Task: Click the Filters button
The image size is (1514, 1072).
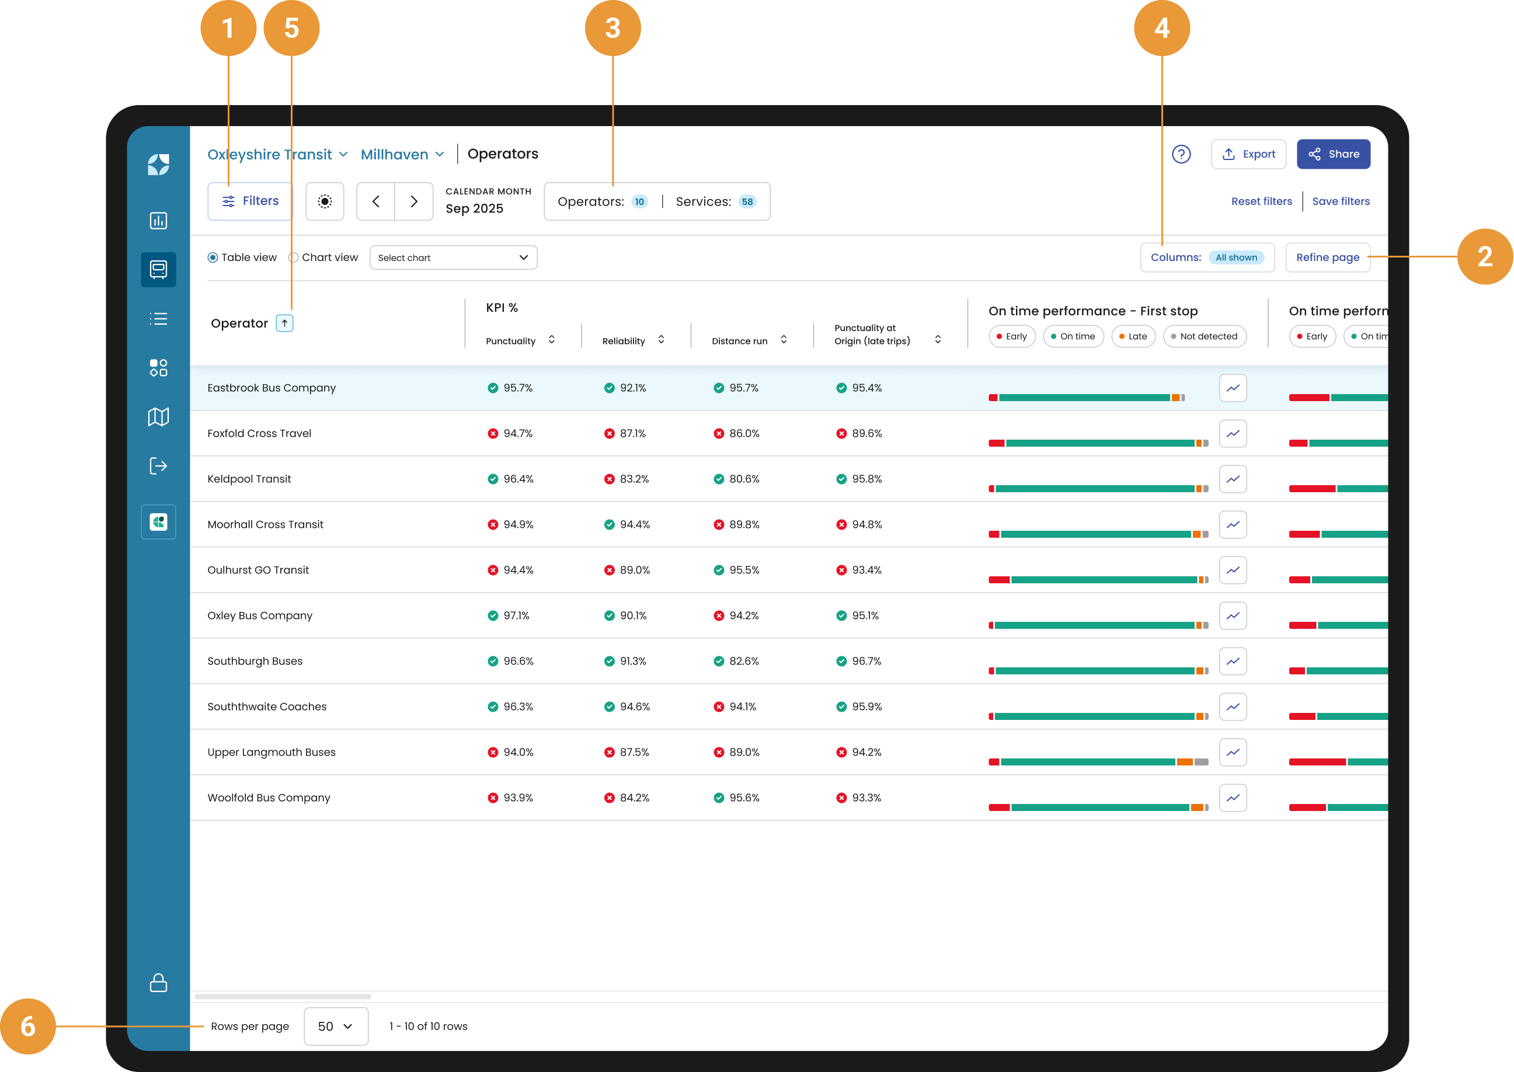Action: pyautogui.click(x=250, y=201)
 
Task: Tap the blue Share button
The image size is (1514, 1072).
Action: pyautogui.click(x=1333, y=154)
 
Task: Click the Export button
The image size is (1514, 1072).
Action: pyautogui.click(x=1248, y=154)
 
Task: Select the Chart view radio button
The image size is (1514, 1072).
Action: pyautogui.click(x=294, y=257)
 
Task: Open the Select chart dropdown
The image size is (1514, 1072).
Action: pyautogui.click(x=454, y=257)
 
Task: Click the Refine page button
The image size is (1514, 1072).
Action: pyautogui.click(x=1327, y=257)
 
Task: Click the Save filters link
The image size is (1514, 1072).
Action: pyautogui.click(x=1341, y=201)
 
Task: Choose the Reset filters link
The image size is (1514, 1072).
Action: pyautogui.click(x=1261, y=201)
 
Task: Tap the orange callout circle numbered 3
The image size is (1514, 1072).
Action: pyautogui.click(x=612, y=27)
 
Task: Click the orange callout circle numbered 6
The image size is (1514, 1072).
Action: pyautogui.click(x=27, y=1026)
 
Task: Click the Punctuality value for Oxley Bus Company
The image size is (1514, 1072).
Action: pyautogui.click(x=516, y=615)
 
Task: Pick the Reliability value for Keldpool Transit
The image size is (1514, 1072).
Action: pyautogui.click(x=634, y=479)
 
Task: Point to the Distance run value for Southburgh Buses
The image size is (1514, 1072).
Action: pyautogui.click(x=744, y=661)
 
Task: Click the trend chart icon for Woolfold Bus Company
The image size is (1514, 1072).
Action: pyautogui.click(x=1232, y=798)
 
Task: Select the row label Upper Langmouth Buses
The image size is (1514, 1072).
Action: pyautogui.click(x=272, y=752)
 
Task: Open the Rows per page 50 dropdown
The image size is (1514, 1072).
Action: pyautogui.click(x=336, y=1026)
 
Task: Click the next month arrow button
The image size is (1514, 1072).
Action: pyautogui.click(x=414, y=201)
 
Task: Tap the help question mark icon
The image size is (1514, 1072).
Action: pyautogui.click(x=1181, y=154)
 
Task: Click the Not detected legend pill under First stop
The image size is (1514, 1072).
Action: pyautogui.click(x=1205, y=336)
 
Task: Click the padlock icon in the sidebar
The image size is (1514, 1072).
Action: pyautogui.click(x=158, y=982)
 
